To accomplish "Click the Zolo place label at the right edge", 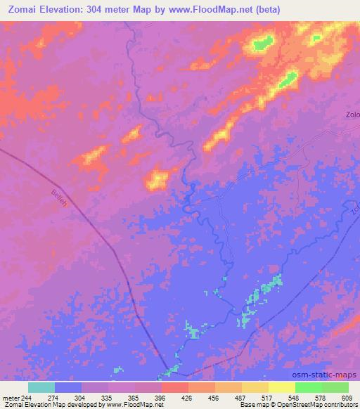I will click(352, 115).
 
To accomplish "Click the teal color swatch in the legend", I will click(41, 387).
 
